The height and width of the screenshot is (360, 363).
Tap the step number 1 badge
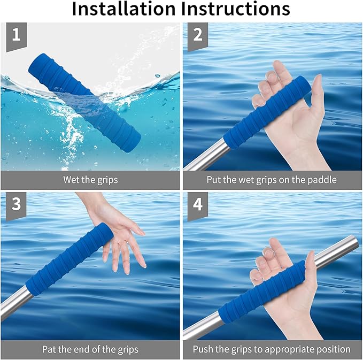pyautogui.click(x=16, y=36)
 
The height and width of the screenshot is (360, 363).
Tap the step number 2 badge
pyautogui.click(x=198, y=36)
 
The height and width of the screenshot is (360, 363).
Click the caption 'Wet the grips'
pyautogui.click(x=90, y=180)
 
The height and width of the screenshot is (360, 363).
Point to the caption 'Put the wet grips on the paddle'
pyautogui.click(x=272, y=180)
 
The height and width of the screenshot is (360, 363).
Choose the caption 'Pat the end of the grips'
pyautogui.click(x=90, y=349)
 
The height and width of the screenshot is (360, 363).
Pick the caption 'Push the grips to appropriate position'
pyautogui.click(x=272, y=349)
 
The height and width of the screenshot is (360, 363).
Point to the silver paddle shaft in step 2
pyautogui.click(x=206, y=156)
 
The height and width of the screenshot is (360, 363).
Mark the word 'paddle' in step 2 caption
pyautogui.click(x=323, y=180)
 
